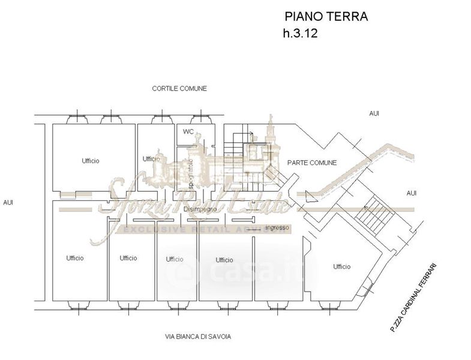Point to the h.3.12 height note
pyautogui.click(x=299, y=34)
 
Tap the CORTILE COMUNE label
pyautogui.click(x=179, y=88)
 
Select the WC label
pyautogui.click(x=188, y=131)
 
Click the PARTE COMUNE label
pyautogui.click(x=312, y=163)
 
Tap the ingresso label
pyautogui.click(x=277, y=228)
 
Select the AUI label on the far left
pyautogui.click(x=8, y=202)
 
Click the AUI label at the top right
pyautogui.click(x=374, y=113)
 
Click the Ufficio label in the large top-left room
pyautogui.click(x=91, y=161)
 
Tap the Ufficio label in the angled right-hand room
pyautogui.click(x=342, y=266)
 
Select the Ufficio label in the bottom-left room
pyautogui.click(x=75, y=258)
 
